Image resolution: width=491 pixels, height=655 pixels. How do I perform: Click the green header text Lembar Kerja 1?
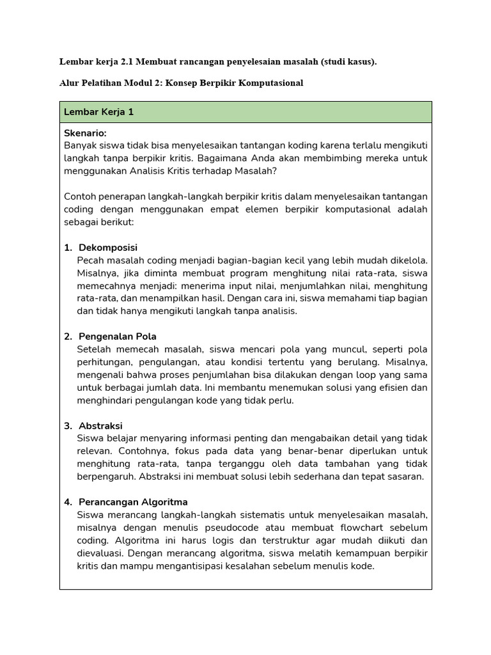tap(98, 112)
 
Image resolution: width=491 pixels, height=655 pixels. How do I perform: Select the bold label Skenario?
tap(85, 133)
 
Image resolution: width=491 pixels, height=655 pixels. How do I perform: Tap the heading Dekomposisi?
tap(108, 248)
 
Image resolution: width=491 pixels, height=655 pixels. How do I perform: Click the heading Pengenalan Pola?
tap(118, 336)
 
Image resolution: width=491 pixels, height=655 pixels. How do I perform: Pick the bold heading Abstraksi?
tap(100, 426)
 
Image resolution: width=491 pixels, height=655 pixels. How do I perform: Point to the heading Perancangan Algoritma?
tap(133, 502)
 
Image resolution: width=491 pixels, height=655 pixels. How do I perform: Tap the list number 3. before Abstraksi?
tap(68, 426)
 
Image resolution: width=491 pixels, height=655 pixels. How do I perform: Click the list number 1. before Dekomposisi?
tap(68, 248)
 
